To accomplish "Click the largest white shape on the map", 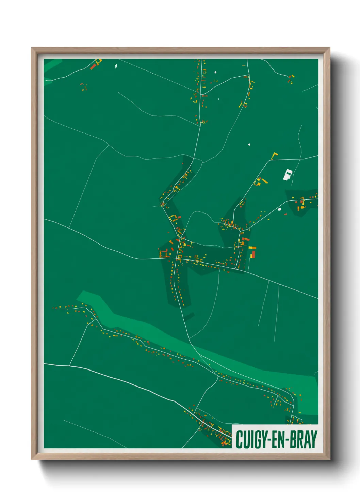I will (288, 174).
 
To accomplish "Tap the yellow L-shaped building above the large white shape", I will (274, 156).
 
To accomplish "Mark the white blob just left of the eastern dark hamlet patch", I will (280, 209).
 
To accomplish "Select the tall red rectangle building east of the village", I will (253, 254).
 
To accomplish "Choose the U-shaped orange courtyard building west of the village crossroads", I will (163, 254).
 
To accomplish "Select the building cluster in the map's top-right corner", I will (290, 79).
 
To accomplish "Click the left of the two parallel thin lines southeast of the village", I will (263, 303).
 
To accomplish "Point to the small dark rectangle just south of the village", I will (189, 317).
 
